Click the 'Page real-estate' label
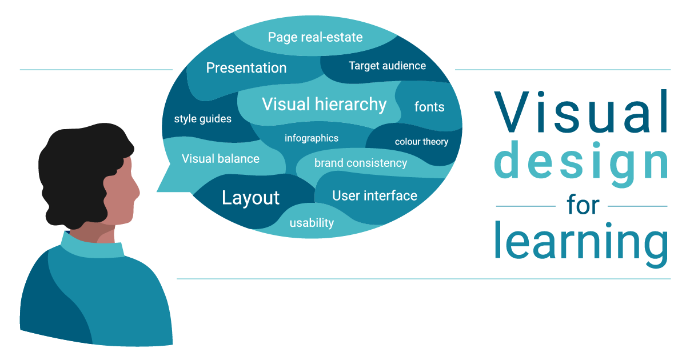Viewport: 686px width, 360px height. click(x=315, y=38)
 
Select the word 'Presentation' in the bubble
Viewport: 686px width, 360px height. click(x=246, y=68)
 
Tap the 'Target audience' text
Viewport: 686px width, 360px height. click(x=387, y=66)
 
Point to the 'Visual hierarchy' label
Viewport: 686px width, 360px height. click(x=324, y=105)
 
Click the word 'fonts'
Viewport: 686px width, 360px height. click(x=429, y=107)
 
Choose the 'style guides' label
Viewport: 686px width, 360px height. click(x=202, y=119)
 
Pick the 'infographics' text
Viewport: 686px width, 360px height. click(x=311, y=138)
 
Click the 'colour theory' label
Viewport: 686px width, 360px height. click(x=421, y=142)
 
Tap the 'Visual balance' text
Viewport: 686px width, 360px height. click(x=220, y=159)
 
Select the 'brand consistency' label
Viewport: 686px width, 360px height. click(x=360, y=163)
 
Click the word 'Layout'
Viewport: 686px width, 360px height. click(x=250, y=198)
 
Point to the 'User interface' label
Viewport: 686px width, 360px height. click(x=374, y=196)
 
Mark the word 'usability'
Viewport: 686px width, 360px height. click(x=311, y=223)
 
